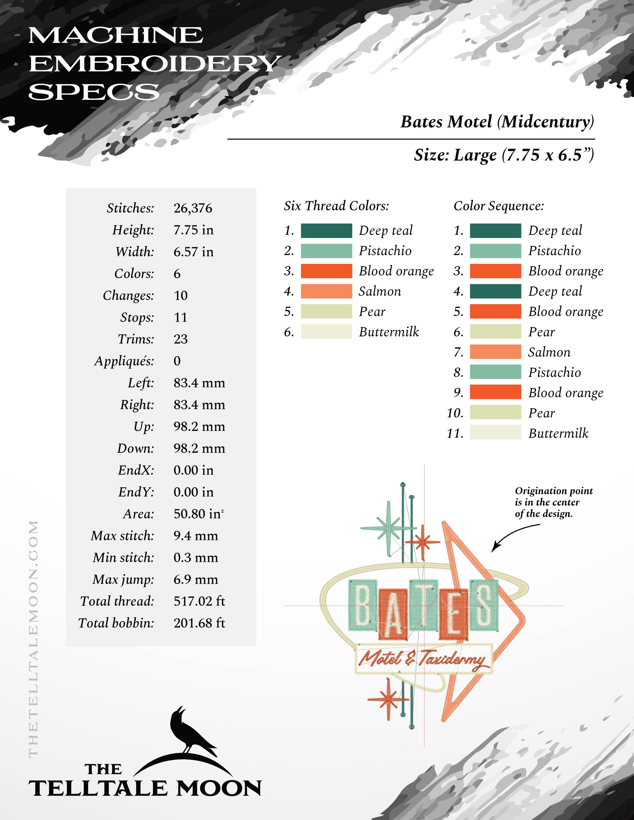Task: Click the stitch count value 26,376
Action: click(193, 208)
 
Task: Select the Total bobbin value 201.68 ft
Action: click(199, 623)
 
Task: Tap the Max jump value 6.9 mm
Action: click(196, 579)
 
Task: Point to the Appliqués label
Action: click(124, 361)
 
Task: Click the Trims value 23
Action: click(181, 339)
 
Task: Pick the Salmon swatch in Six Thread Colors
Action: click(326, 291)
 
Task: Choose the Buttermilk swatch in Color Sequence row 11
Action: click(495, 432)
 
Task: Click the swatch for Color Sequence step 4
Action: click(495, 291)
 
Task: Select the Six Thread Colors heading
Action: click(336, 206)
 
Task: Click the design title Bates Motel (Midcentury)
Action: click(497, 122)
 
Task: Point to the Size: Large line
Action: click(504, 155)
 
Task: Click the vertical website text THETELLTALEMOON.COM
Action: click(33, 638)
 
